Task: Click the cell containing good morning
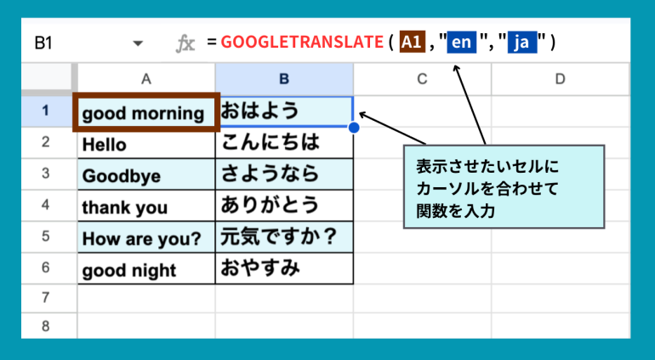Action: click(x=146, y=112)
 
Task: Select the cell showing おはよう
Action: click(x=284, y=111)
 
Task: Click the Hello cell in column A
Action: click(x=146, y=144)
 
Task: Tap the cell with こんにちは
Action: click(x=284, y=143)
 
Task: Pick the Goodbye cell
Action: click(x=146, y=174)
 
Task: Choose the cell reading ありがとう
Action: click(x=284, y=206)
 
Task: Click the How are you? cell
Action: click(x=146, y=237)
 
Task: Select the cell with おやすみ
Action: click(x=284, y=268)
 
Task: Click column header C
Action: click(x=422, y=79)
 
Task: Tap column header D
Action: click(x=561, y=79)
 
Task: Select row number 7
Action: click(x=46, y=298)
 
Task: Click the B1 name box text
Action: click(x=43, y=43)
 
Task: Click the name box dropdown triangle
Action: click(x=138, y=43)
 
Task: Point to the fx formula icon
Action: click(x=185, y=43)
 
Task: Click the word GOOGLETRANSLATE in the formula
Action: click(x=302, y=42)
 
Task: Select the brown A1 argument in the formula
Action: click(x=413, y=42)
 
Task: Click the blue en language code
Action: click(x=462, y=43)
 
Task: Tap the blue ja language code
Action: click(x=522, y=43)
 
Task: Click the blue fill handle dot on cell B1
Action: click(x=353, y=128)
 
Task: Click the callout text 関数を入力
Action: click(x=455, y=211)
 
